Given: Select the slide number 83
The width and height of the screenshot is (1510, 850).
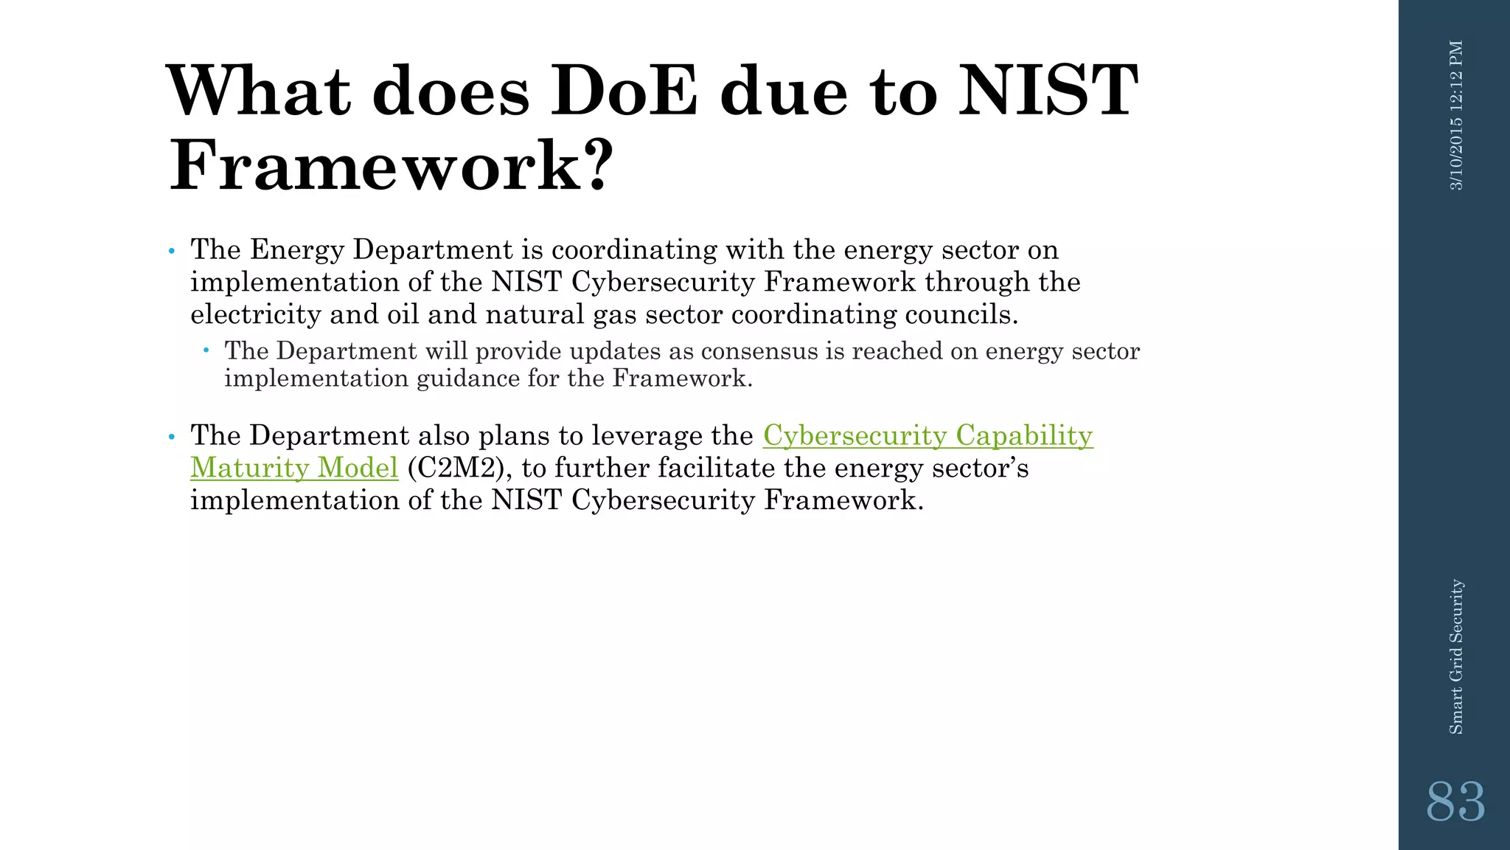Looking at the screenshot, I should [1455, 802].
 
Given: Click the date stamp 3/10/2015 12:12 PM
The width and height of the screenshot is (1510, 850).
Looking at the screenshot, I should [1456, 116].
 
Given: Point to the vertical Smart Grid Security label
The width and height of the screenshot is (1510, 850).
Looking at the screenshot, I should [1456, 657].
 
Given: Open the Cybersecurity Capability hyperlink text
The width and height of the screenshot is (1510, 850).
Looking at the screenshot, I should [928, 435].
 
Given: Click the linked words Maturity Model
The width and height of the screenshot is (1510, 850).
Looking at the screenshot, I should [294, 468].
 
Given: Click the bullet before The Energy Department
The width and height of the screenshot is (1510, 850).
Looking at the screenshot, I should [172, 252].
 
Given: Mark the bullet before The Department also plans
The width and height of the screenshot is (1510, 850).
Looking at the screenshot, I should [172, 438].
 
